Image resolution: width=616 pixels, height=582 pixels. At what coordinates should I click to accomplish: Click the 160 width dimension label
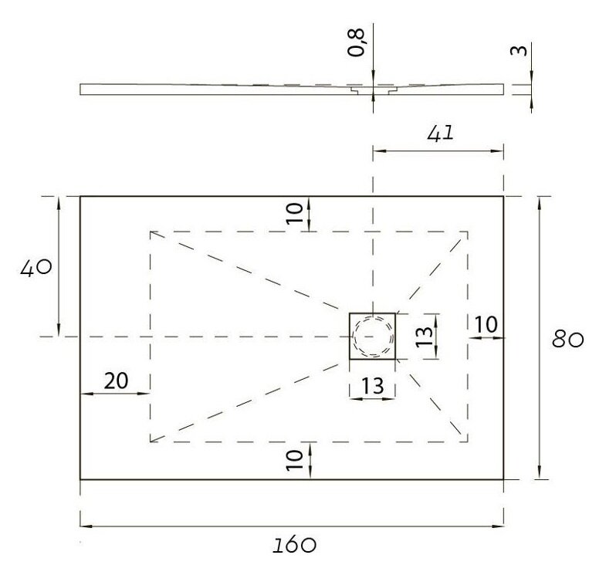294,545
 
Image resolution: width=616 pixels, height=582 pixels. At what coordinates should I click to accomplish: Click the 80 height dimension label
567,340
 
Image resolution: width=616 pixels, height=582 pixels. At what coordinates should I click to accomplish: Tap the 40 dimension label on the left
36,268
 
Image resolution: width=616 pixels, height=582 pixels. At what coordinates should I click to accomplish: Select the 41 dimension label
440,134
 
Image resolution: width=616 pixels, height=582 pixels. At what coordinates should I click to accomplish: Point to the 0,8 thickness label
357,42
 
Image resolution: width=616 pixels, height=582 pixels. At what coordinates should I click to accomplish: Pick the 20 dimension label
116,381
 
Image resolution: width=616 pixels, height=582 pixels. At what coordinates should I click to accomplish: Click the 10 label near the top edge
295,213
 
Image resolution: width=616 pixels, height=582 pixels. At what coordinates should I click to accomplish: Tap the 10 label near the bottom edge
295,460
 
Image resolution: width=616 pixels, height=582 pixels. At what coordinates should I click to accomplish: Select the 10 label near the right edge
486,325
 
